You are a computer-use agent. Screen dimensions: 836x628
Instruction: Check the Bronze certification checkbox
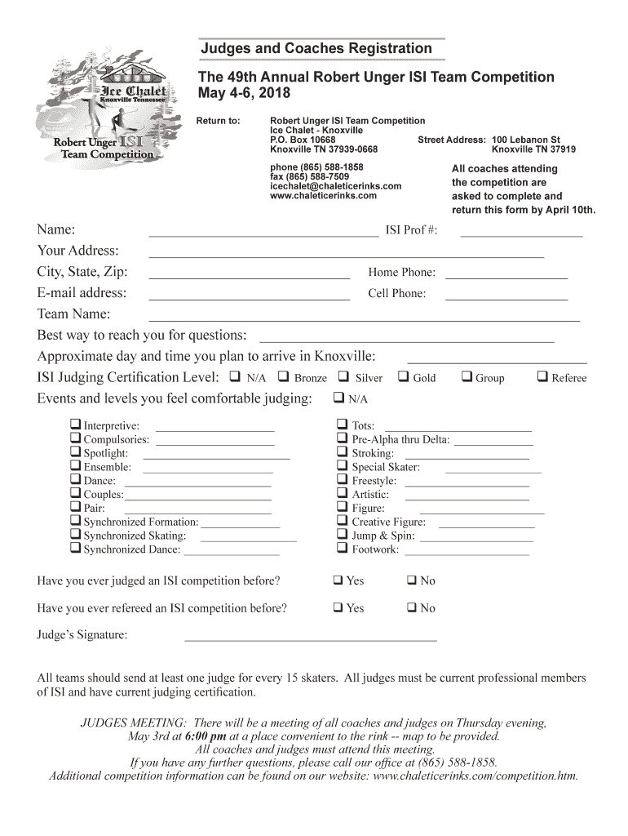[x=284, y=377]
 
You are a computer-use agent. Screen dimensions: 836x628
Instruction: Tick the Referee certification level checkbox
[x=542, y=377]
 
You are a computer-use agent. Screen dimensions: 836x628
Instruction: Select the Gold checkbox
[x=403, y=377]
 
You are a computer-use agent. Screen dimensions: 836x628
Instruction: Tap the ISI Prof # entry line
[x=521, y=235]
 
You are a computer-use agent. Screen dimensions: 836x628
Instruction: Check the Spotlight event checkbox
[x=76, y=452]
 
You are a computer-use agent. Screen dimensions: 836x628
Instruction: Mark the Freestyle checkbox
[x=343, y=480]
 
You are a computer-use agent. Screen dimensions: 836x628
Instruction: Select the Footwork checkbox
[x=343, y=549]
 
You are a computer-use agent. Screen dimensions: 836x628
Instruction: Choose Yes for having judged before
[x=338, y=580]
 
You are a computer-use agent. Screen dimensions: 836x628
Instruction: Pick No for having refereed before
[x=412, y=608]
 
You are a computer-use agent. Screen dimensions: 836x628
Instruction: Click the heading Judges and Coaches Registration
[x=316, y=49]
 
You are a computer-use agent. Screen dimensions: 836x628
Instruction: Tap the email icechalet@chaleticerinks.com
[x=335, y=186]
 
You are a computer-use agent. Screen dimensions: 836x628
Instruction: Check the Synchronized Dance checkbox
[x=76, y=549]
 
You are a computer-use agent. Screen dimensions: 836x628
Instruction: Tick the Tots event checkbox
[x=343, y=425]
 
